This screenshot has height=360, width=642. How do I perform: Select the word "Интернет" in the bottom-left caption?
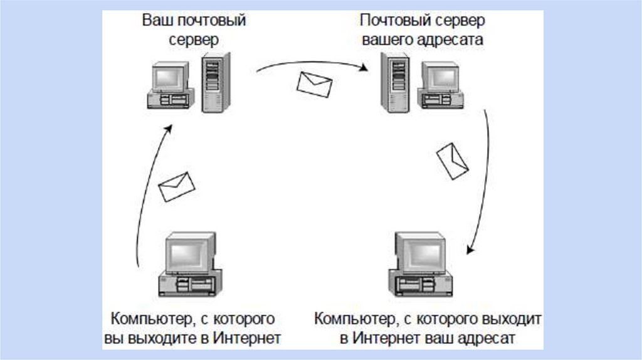click(x=246, y=339)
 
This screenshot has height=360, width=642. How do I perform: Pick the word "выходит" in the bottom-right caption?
click(x=509, y=319)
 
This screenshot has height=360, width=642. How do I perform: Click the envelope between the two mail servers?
click(x=315, y=84)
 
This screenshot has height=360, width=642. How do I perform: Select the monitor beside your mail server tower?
click(x=168, y=78)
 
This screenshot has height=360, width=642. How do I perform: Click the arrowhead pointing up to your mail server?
click(x=168, y=128)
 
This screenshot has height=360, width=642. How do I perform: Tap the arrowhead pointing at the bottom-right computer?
click(x=468, y=250)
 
